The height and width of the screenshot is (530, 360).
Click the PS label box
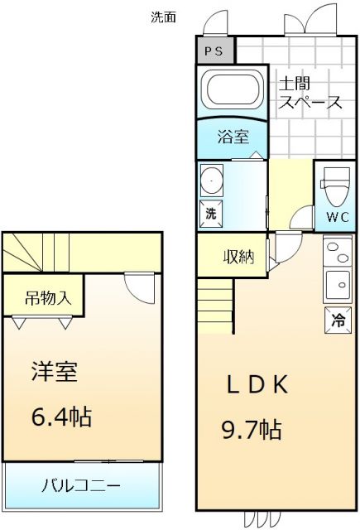tap(214, 51)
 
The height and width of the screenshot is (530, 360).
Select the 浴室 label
tap(232, 137)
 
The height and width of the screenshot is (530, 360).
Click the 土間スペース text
tap(310, 94)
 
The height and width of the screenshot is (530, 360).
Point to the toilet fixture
tap(336, 189)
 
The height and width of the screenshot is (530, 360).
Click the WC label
tap(336, 218)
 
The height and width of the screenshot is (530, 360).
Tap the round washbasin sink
tap(213, 178)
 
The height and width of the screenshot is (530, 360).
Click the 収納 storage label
tap(238, 257)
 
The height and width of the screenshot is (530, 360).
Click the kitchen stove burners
tap(337, 251)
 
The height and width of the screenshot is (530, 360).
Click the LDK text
tap(257, 386)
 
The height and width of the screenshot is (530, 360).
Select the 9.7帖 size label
tap(252, 430)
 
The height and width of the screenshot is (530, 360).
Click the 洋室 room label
tap(55, 372)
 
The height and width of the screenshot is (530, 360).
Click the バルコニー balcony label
tap(81, 484)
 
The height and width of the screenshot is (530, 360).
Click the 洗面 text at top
tap(163, 17)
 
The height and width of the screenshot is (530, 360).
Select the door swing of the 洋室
tap(139, 286)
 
